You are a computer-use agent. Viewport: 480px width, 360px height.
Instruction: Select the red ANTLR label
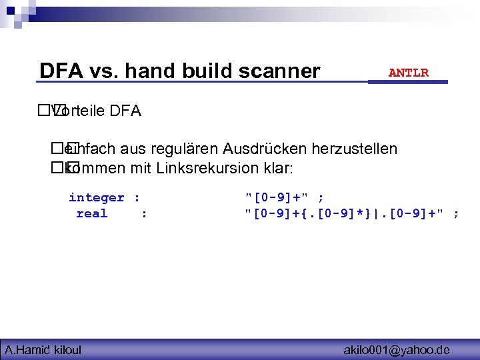(x=408, y=73)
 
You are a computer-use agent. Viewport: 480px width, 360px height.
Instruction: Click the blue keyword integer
(x=97, y=197)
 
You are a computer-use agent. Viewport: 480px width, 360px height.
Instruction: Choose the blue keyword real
(x=91, y=214)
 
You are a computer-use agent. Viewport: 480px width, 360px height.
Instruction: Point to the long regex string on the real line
(x=346, y=214)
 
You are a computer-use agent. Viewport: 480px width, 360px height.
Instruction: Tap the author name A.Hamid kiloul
(x=43, y=349)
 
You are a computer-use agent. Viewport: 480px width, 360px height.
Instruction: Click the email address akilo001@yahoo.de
(x=396, y=349)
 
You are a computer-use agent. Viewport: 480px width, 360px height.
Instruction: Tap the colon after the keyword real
(x=144, y=214)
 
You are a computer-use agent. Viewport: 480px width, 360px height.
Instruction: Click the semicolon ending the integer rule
(x=321, y=197)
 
